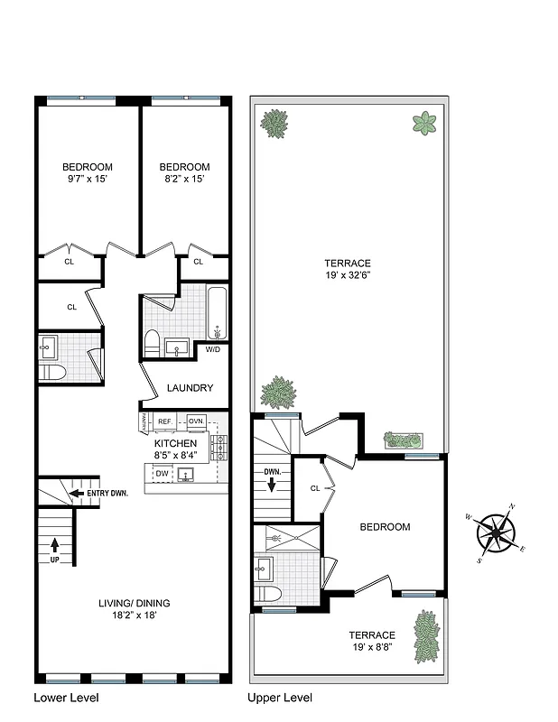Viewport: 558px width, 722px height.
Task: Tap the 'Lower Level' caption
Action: pos(66,698)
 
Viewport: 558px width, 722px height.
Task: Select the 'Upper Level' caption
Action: pos(280,698)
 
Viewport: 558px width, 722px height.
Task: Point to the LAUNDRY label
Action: pos(190,388)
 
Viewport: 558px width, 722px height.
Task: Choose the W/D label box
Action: pos(213,349)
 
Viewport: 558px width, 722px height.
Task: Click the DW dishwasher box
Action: pos(162,474)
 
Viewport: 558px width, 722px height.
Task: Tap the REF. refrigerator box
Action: pos(165,421)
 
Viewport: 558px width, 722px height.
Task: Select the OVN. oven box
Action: pos(196,421)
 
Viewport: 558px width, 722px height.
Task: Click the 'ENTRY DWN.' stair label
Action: pos(107,494)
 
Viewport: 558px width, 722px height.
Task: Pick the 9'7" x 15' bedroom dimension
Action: pos(87,179)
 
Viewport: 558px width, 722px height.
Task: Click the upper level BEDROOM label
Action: pos(385,527)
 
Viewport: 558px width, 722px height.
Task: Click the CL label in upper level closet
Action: pos(314,488)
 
